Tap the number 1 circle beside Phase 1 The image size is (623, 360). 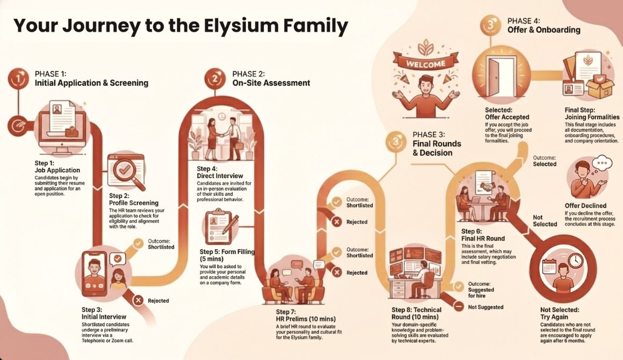point(19,78)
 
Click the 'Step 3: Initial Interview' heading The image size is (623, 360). point(104,313)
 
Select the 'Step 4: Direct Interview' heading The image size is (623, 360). point(220,172)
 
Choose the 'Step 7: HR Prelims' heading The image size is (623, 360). point(298,315)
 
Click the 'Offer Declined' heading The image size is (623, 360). point(585,206)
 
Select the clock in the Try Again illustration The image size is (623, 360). point(575,261)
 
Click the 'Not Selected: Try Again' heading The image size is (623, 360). point(560,314)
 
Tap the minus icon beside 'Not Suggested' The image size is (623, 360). point(458,307)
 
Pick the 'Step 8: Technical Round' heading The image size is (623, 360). point(416,313)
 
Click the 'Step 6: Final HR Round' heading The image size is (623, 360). point(483,235)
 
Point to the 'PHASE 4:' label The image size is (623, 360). point(524,21)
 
